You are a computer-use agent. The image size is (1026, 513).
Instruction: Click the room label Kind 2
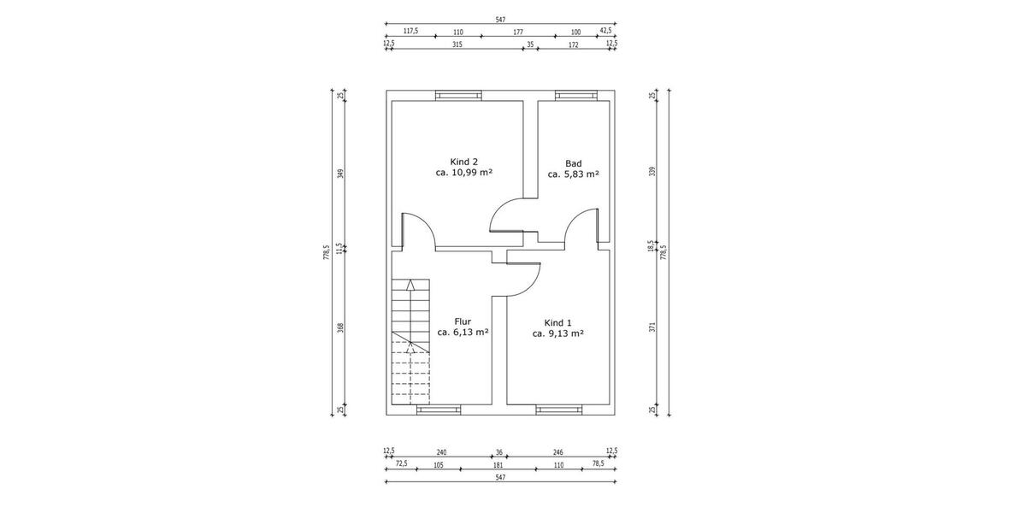[x=463, y=162]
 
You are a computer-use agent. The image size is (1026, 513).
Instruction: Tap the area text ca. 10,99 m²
[x=463, y=173]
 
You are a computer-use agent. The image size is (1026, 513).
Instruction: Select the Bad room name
[x=573, y=163]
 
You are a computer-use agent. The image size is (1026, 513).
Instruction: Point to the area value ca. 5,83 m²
[x=573, y=174]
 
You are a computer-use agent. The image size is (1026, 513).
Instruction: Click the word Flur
[x=463, y=321]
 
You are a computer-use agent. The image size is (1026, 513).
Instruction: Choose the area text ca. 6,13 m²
[x=463, y=333]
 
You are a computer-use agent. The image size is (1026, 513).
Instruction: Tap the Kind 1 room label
[x=557, y=323]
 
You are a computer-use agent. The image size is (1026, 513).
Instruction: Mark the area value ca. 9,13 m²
[x=557, y=334]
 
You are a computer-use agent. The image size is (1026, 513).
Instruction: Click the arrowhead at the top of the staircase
[x=411, y=284]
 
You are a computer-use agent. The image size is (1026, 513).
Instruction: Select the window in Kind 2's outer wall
[x=458, y=95]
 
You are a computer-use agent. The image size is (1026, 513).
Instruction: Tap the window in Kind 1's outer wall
[x=559, y=410]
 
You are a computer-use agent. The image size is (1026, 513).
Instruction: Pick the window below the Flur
[x=438, y=410]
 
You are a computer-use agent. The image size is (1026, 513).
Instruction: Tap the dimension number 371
[x=652, y=327]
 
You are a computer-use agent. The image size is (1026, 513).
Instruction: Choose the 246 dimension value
[x=557, y=452]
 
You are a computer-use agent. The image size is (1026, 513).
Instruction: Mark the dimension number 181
[x=498, y=464]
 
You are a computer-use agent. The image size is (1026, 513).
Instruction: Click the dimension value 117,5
[x=410, y=31]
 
